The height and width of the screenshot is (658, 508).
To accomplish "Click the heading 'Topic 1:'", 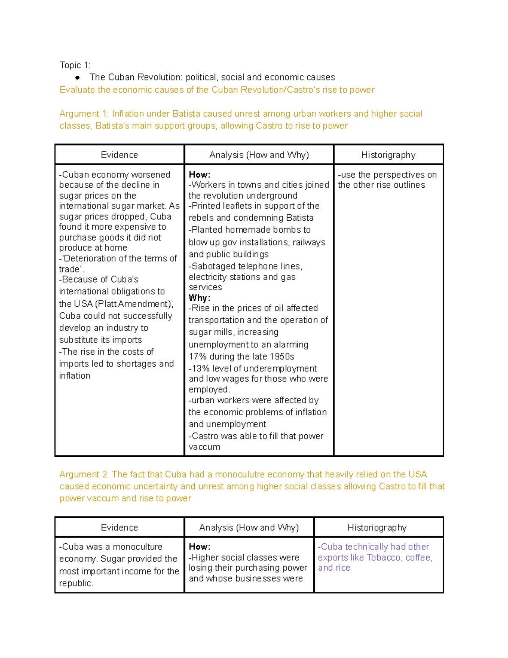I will coord(75,65).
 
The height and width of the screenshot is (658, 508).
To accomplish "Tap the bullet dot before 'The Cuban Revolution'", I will coord(77,78).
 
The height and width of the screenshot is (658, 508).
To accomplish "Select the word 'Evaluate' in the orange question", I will coord(77,90).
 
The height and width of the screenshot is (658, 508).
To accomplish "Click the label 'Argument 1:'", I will coord(84,114).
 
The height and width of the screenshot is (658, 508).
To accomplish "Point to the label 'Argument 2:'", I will coord(84,474).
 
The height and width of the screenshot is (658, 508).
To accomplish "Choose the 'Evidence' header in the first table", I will coord(119,155).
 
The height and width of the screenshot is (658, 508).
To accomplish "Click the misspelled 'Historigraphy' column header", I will coord(388,155).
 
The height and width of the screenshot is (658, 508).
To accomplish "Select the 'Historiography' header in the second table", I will coord(377,528).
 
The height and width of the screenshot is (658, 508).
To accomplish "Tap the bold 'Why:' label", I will coord(199,298).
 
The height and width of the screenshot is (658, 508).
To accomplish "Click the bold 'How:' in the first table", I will coord(199,175).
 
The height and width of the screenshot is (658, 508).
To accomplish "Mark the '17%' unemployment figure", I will coord(197,357).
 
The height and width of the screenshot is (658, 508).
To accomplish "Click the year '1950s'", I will coord(282,357).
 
